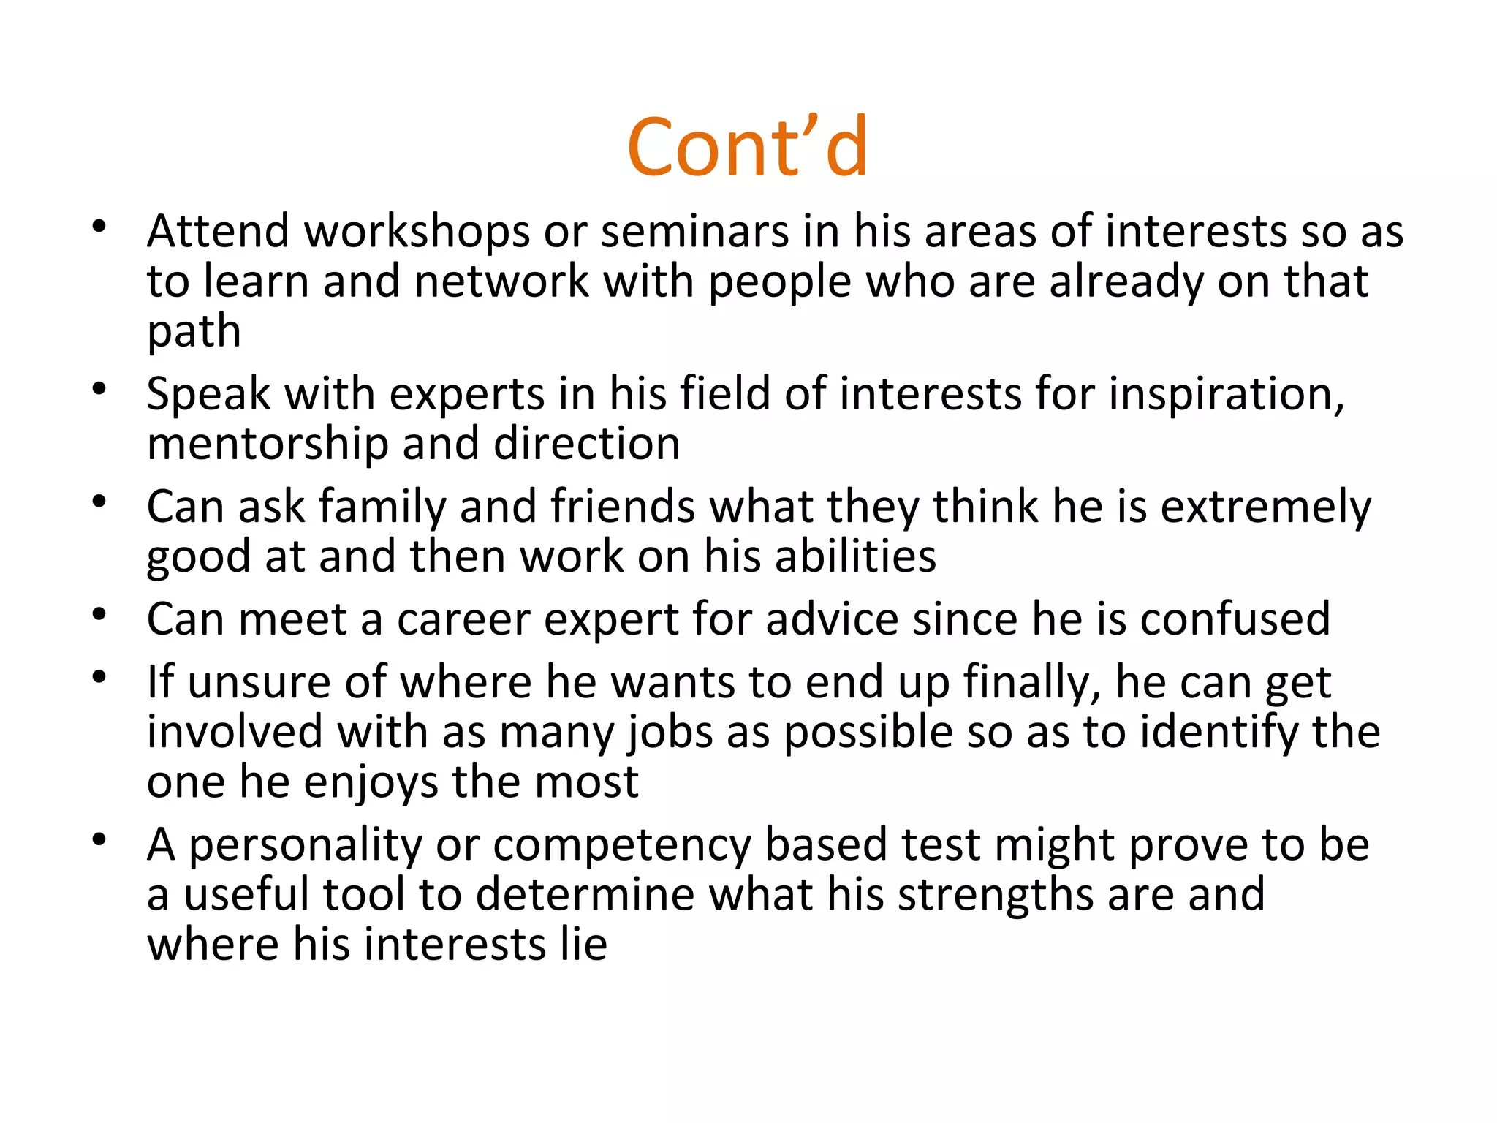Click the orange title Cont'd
point(747,148)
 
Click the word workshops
point(417,232)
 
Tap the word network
point(501,282)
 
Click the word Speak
point(208,396)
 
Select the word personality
point(306,846)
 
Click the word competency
point(621,846)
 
